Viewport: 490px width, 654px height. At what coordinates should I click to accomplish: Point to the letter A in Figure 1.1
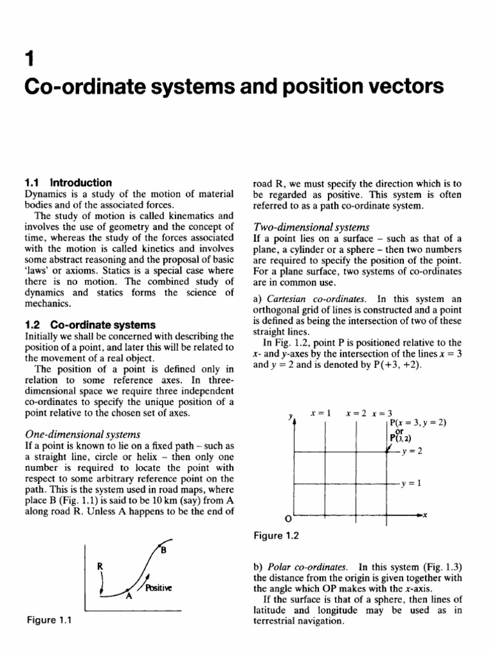click(128, 597)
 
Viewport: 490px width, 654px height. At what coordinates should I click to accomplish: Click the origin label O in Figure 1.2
click(288, 518)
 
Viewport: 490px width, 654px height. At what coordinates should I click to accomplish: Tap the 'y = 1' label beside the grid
click(412, 483)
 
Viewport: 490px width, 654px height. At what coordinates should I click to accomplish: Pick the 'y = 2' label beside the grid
click(412, 452)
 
